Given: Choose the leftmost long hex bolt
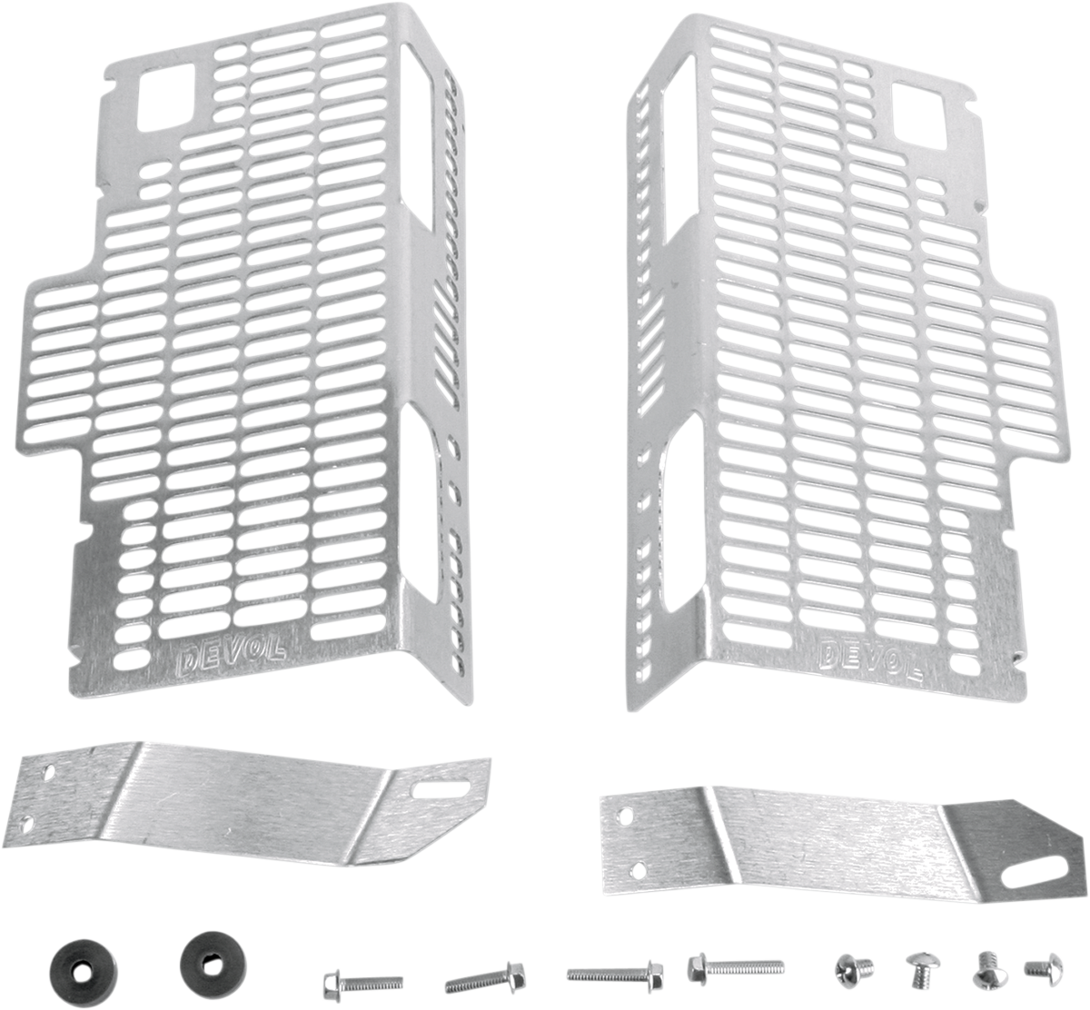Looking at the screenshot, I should click(x=349, y=980).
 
